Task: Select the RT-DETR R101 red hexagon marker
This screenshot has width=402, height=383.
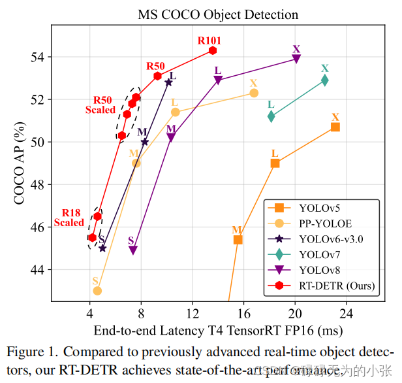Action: pos(213,50)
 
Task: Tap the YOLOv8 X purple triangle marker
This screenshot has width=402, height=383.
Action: pos(296,59)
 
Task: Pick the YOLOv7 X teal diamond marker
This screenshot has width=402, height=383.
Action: pos(324,80)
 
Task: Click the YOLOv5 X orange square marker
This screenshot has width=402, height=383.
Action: pos(335,127)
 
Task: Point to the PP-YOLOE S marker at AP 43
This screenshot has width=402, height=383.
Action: pos(97,290)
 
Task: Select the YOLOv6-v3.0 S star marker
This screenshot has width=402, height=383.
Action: pos(102,248)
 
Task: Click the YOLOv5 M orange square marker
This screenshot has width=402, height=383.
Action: pos(238,240)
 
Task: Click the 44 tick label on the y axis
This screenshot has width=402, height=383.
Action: pos(39,269)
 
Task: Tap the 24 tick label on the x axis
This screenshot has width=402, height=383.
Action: pos(346,312)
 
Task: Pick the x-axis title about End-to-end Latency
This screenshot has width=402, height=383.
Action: pos(218,330)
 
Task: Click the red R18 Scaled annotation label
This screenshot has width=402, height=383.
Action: pos(69,218)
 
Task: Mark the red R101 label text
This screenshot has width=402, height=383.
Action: pos(209,41)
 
